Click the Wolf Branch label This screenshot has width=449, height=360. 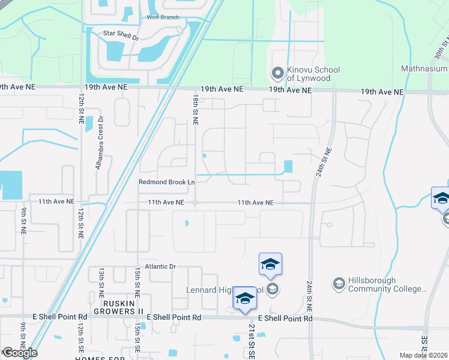tap(163, 17)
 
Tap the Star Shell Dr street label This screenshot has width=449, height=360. tap(121, 35)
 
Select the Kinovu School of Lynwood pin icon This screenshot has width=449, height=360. tap(277, 74)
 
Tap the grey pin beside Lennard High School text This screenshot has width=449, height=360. tap(273, 290)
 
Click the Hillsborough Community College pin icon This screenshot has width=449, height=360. tap(339, 283)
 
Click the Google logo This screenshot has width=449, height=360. tap(20, 353)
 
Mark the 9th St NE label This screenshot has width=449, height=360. tap(23, 220)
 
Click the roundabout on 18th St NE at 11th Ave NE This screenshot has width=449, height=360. tap(195, 203)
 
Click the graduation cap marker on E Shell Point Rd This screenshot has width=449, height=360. tap(245, 298)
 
